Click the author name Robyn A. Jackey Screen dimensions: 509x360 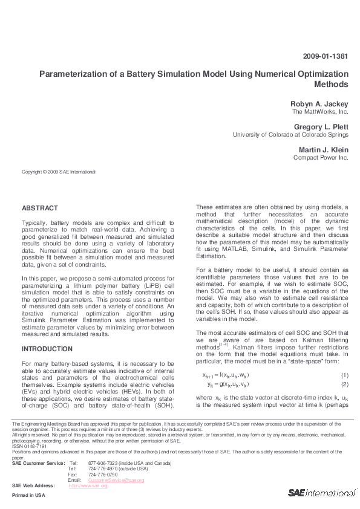pyautogui.click(x=319, y=104)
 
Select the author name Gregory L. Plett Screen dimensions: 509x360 pyautogui.click(x=321, y=127)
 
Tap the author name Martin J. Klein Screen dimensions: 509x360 pyautogui.click(x=323, y=149)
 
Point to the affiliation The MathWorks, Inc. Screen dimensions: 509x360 pyautogui.click(x=320, y=112)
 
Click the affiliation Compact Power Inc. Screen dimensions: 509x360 pyautogui.click(x=321, y=158)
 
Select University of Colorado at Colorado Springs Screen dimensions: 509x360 pyautogui.click(x=290, y=135)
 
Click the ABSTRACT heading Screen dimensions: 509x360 pyautogui.click(x=40, y=208)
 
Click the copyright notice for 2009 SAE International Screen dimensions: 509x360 pyautogui.click(x=59, y=172)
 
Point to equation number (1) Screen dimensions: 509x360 pyautogui.click(x=344, y=375)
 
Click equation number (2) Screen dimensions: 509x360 pyautogui.click(x=344, y=384)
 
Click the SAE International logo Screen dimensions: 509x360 pyautogui.click(x=321, y=493)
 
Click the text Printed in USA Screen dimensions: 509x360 pyautogui.click(x=28, y=495)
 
